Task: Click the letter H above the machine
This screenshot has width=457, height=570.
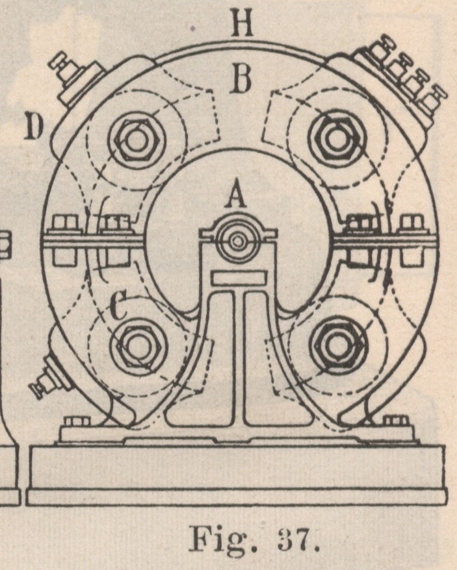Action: click(242, 25)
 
